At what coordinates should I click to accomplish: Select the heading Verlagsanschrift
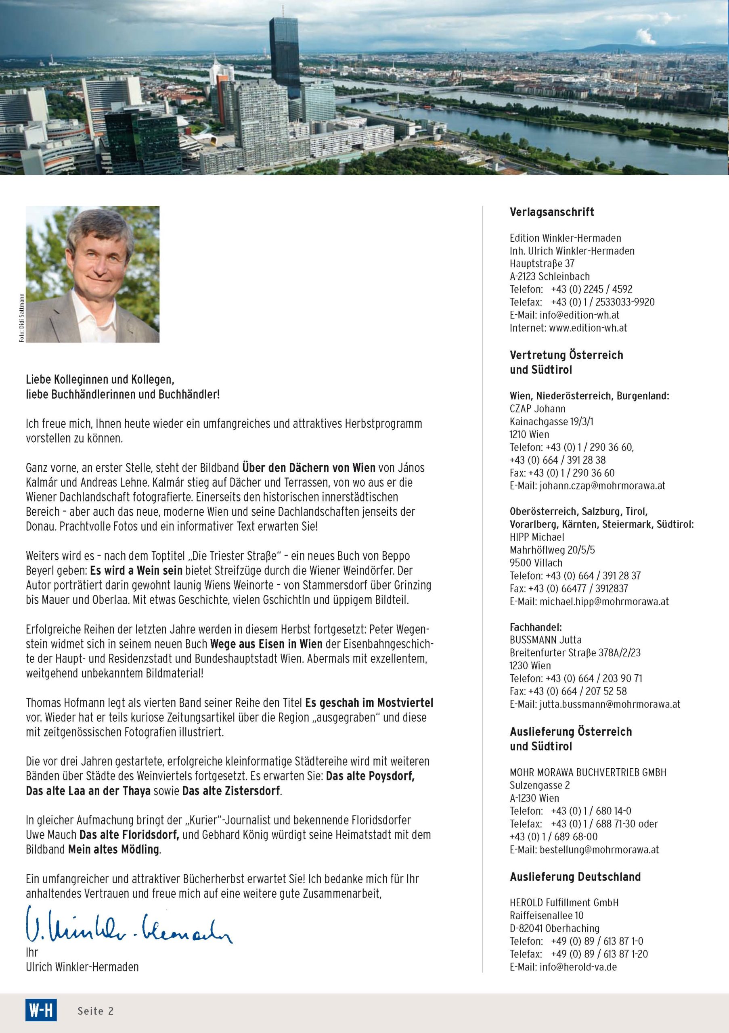point(552,212)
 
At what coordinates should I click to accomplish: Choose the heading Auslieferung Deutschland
point(575,877)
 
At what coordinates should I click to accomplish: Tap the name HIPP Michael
point(536,537)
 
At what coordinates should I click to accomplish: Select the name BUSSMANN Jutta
point(545,640)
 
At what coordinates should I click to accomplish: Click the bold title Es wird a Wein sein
point(136,571)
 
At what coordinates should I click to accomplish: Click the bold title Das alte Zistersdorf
point(231,791)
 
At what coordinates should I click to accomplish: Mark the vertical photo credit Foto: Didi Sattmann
point(22,318)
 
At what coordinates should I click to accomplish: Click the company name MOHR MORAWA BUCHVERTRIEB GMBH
point(588,772)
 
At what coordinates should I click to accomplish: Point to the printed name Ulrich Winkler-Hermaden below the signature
point(82,967)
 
